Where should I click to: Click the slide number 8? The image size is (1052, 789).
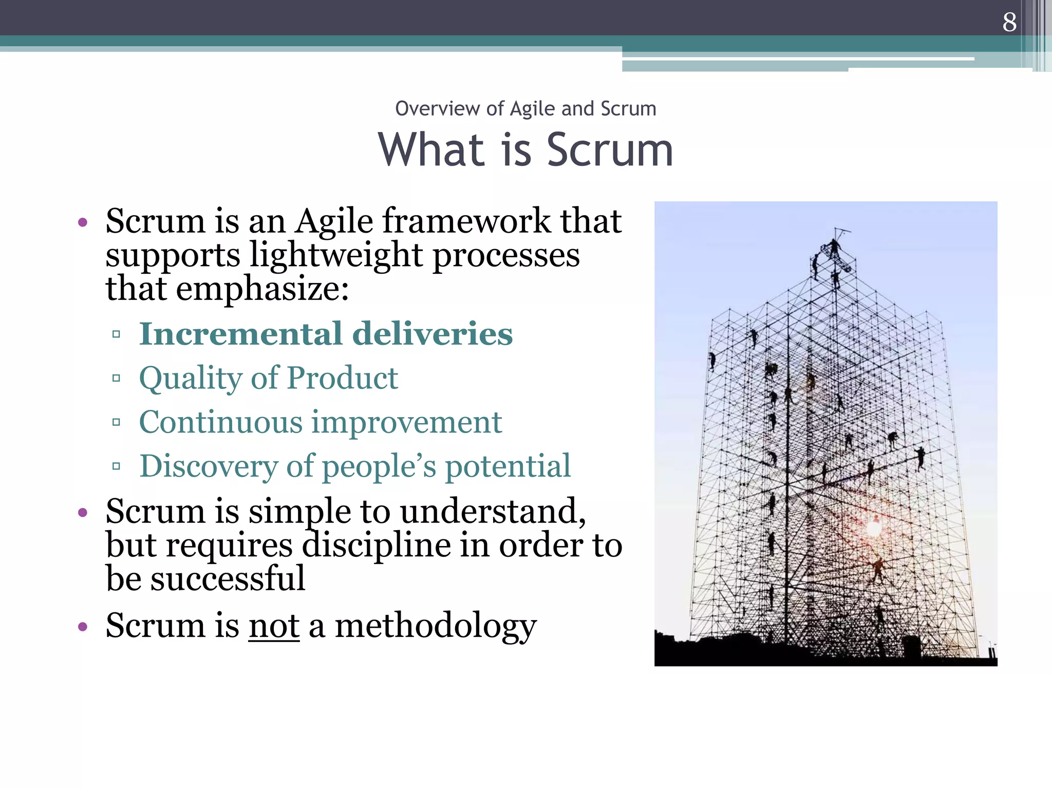tap(1009, 22)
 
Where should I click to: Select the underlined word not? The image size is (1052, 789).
tap(274, 626)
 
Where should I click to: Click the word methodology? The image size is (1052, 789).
tap(436, 627)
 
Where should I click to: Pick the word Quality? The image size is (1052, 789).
tap(191, 379)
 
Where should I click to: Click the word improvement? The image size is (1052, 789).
tap(407, 423)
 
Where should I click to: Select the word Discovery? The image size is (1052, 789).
tap(209, 466)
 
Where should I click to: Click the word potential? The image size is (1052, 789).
tap(508, 466)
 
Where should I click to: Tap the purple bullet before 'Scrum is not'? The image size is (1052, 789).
tap(83, 627)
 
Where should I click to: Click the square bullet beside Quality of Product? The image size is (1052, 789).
tap(116, 379)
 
